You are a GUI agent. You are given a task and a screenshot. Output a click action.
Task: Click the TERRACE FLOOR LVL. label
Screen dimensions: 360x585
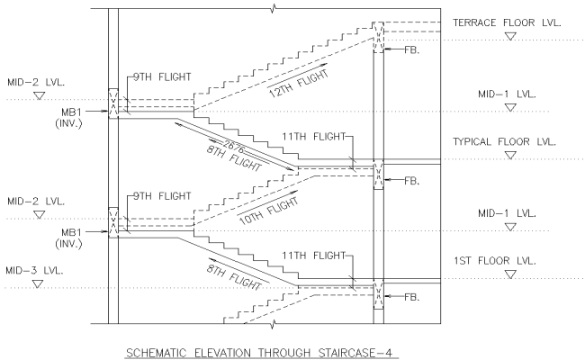click(507, 22)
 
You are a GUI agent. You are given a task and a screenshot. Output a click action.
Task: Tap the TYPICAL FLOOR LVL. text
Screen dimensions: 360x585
click(506, 141)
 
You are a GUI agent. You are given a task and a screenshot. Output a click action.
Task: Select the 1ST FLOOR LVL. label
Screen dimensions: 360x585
click(496, 260)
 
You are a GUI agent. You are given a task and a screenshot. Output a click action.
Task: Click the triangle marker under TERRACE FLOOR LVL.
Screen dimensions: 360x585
click(511, 37)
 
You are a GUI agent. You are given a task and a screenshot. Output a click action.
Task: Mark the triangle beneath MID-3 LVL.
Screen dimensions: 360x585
click(38, 283)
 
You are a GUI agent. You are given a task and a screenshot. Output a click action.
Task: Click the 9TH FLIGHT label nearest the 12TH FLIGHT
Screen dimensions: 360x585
click(161, 76)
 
